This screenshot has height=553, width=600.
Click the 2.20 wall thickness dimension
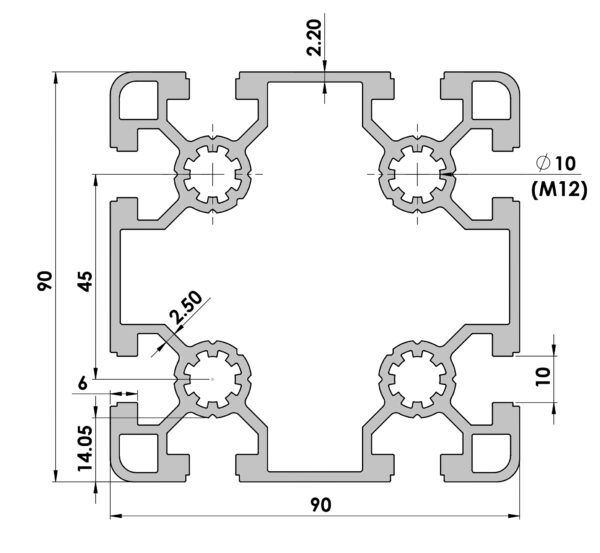point(315,38)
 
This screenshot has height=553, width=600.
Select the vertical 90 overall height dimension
point(45,281)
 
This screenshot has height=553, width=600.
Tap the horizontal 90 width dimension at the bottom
point(321,505)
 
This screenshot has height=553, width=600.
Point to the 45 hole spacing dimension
point(85,281)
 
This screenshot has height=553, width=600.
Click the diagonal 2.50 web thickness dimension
point(186,308)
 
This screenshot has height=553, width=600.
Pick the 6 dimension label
point(83,383)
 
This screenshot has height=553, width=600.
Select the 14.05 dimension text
point(85,448)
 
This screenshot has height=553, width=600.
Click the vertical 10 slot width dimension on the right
point(543,377)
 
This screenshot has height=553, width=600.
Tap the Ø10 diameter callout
point(556,163)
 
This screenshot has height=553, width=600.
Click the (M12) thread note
point(559,189)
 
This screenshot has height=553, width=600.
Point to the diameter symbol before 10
point(543,163)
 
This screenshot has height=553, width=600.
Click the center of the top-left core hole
point(212,175)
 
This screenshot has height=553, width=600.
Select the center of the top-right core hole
point(417,175)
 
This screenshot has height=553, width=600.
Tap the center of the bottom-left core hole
point(212,379)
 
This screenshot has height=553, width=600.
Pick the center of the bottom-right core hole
point(417,379)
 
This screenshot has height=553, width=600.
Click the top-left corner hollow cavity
point(139,100)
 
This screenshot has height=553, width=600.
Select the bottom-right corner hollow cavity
point(492,453)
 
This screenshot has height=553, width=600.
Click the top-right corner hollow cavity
point(492,100)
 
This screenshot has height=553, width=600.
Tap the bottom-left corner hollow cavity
point(139,453)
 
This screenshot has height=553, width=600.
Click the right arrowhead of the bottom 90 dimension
point(514,516)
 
